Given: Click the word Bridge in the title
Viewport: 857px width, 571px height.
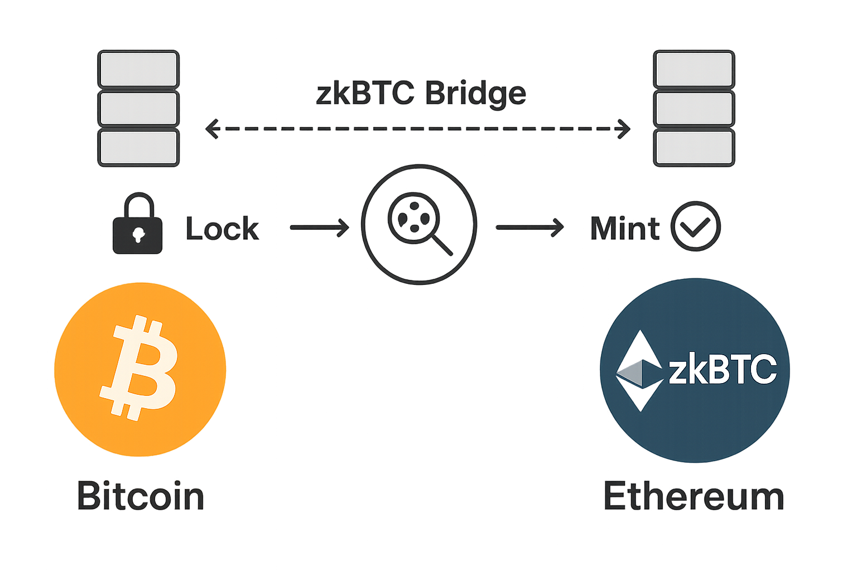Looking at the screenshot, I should pos(475,94).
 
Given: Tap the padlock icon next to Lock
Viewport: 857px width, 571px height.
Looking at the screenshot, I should pos(138,224).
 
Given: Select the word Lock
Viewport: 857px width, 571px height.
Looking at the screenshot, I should pos(222,229).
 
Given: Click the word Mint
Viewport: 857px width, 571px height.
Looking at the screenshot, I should pos(625,229).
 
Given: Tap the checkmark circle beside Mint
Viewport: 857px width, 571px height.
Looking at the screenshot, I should pos(695,226).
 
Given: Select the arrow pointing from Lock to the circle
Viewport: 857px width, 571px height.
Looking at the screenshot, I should pos(319,227).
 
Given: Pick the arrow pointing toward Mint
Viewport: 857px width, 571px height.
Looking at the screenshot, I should pos(529,227).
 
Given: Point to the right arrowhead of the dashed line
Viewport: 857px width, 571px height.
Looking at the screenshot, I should pos(624,129).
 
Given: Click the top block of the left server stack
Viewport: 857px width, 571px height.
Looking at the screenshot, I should pos(138,69).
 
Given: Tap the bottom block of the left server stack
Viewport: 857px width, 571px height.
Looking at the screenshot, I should pos(138,148).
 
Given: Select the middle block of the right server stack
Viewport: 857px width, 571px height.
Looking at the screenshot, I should pos(694,109).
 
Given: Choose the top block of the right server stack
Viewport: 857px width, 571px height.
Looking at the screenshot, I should pos(694,69).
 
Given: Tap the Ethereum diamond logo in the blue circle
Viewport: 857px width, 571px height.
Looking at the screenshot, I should pos(639,371).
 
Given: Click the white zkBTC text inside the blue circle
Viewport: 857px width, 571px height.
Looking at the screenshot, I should pos(723,369).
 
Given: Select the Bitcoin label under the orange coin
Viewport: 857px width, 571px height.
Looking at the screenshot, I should pos(141,496).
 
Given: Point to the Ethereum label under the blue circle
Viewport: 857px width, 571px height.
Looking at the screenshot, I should pos(694,496).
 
